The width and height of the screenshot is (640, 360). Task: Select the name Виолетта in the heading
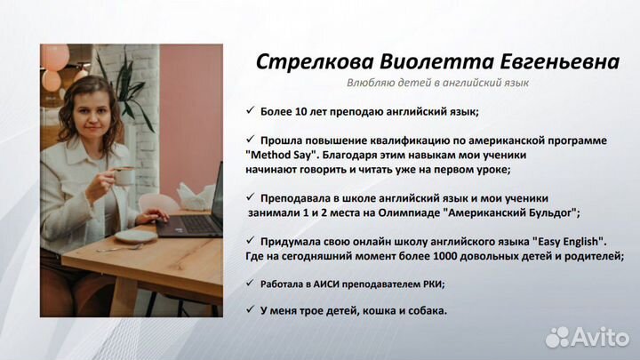[426, 62]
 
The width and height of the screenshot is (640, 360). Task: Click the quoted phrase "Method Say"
[276, 154]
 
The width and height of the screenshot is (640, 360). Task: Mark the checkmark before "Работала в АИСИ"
[250, 284]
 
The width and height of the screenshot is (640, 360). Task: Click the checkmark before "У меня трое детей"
[250, 310]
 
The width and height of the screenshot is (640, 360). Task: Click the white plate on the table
[136, 236]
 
